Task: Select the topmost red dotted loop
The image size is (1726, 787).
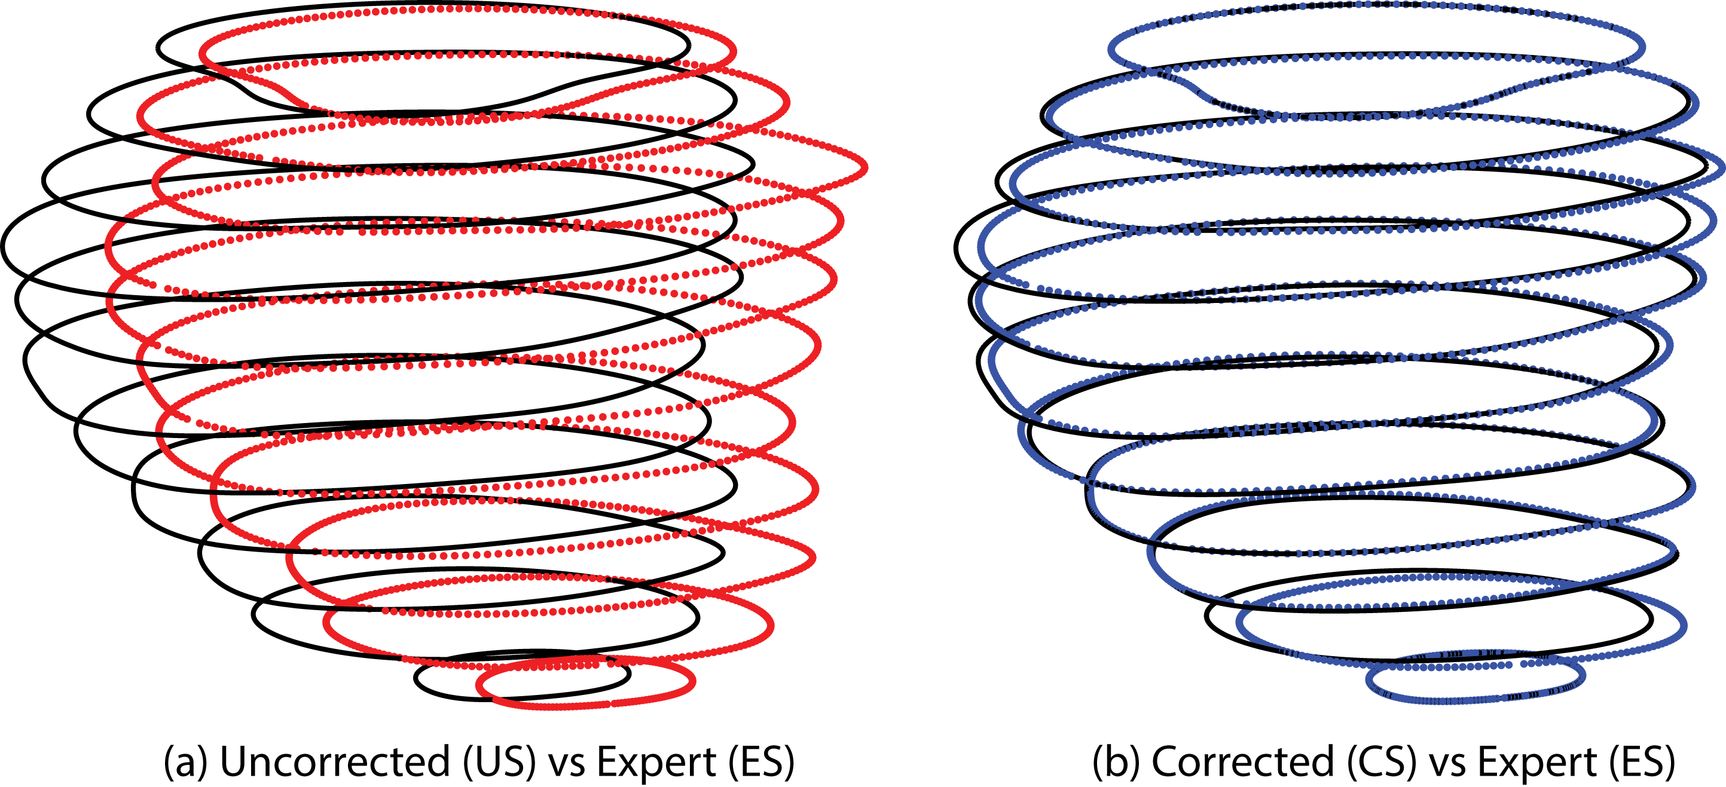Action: tap(734, 50)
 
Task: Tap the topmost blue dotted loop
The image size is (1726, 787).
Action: tap(1642, 47)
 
